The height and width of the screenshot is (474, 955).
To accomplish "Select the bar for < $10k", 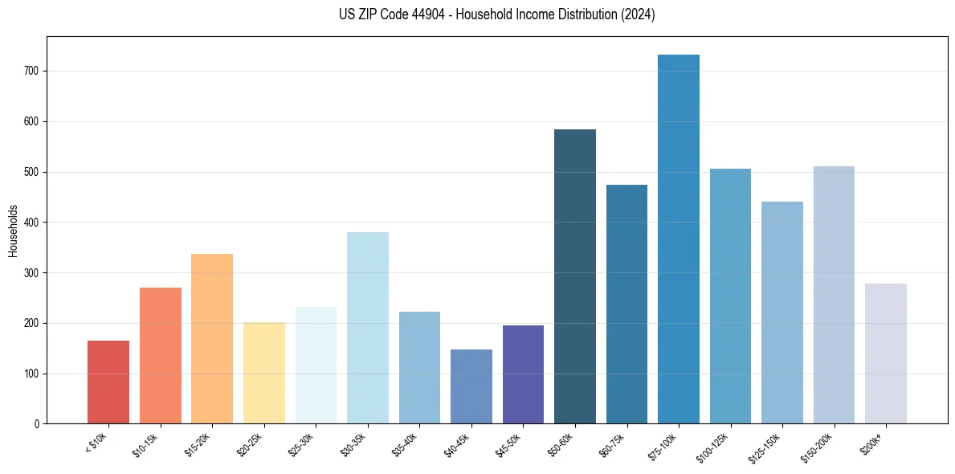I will tap(108, 382).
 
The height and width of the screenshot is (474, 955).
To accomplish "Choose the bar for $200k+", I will tap(886, 353).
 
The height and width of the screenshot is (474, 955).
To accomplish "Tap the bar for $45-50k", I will tap(523, 374).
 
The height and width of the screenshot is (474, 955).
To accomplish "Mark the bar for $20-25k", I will tap(264, 373).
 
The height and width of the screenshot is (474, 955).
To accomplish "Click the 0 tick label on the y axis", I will tap(36, 424).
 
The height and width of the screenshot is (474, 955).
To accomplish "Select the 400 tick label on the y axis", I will tap(31, 223).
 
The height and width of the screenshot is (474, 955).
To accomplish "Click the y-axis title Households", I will tap(13, 230).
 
